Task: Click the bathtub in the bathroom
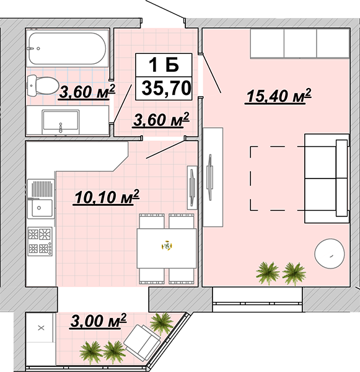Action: [x=67, y=48]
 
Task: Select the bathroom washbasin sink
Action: [x=61, y=121]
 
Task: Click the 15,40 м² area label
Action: [x=278, y=96]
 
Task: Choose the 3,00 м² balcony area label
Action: [x=98, y=321]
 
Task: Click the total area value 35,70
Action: [x=166, y=88]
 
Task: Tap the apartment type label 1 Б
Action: [x=164, y=64]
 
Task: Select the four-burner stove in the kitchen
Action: [x=40, y=241]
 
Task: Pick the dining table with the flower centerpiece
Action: [x=167, y=249]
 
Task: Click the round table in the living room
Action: [x=329, y=254]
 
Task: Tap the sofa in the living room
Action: [x=327, y=179]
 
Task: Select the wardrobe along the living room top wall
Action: [x=300, y=43]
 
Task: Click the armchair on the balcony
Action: [x=143, y=340]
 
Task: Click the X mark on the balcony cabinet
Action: [x=42, y=328]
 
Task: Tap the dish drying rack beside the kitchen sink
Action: [x=42, y=189]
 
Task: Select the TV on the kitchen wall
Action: [x=192, y=187]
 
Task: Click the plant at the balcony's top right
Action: [x=161, y=322]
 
